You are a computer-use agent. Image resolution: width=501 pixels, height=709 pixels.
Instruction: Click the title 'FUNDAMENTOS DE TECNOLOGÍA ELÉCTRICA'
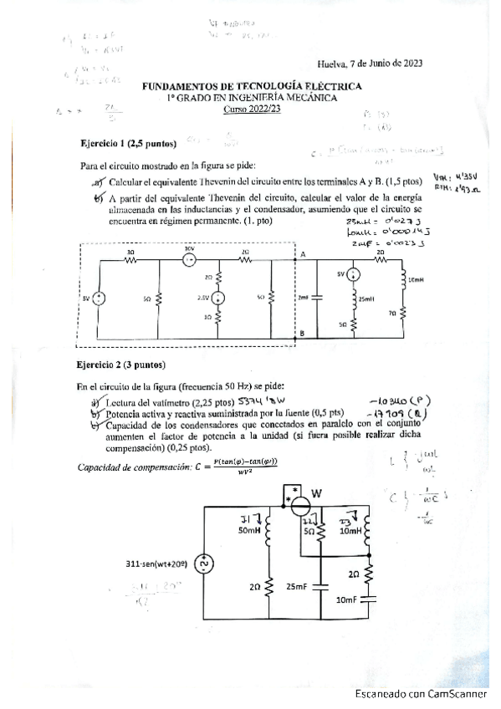click(x=253, y=86)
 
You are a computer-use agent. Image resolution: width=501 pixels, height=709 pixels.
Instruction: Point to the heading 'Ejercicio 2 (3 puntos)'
click(x=121, y=365)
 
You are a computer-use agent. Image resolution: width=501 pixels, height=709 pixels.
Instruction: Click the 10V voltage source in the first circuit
click(x=189, y=259)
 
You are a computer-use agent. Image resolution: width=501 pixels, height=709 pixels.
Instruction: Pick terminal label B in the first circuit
click(x=303, y=333)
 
